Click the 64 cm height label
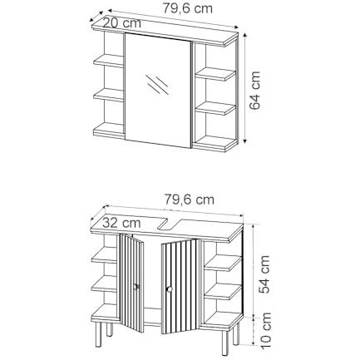[x=255, y=91]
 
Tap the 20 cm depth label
[x=122, y=22]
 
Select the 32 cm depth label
[x=121, y=222]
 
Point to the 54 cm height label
[x=264, y=274]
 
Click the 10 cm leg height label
[x=265, y=331]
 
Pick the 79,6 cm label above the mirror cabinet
[x=188, y=8]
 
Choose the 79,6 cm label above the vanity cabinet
[x=190, y=199]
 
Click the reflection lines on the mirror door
[x=157, y=84]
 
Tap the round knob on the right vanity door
[x=169, y=289]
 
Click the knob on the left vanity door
[x=136, y=287]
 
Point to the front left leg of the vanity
[x=98, y=334]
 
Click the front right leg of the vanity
[x=225, y=343]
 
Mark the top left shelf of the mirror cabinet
[x=108, y=61]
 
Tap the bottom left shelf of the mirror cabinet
[x=108, y=130]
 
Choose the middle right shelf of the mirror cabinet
[x=215, y=108]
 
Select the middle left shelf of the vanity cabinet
[x=105, y=284]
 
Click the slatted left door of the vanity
[x=131, y=283]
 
